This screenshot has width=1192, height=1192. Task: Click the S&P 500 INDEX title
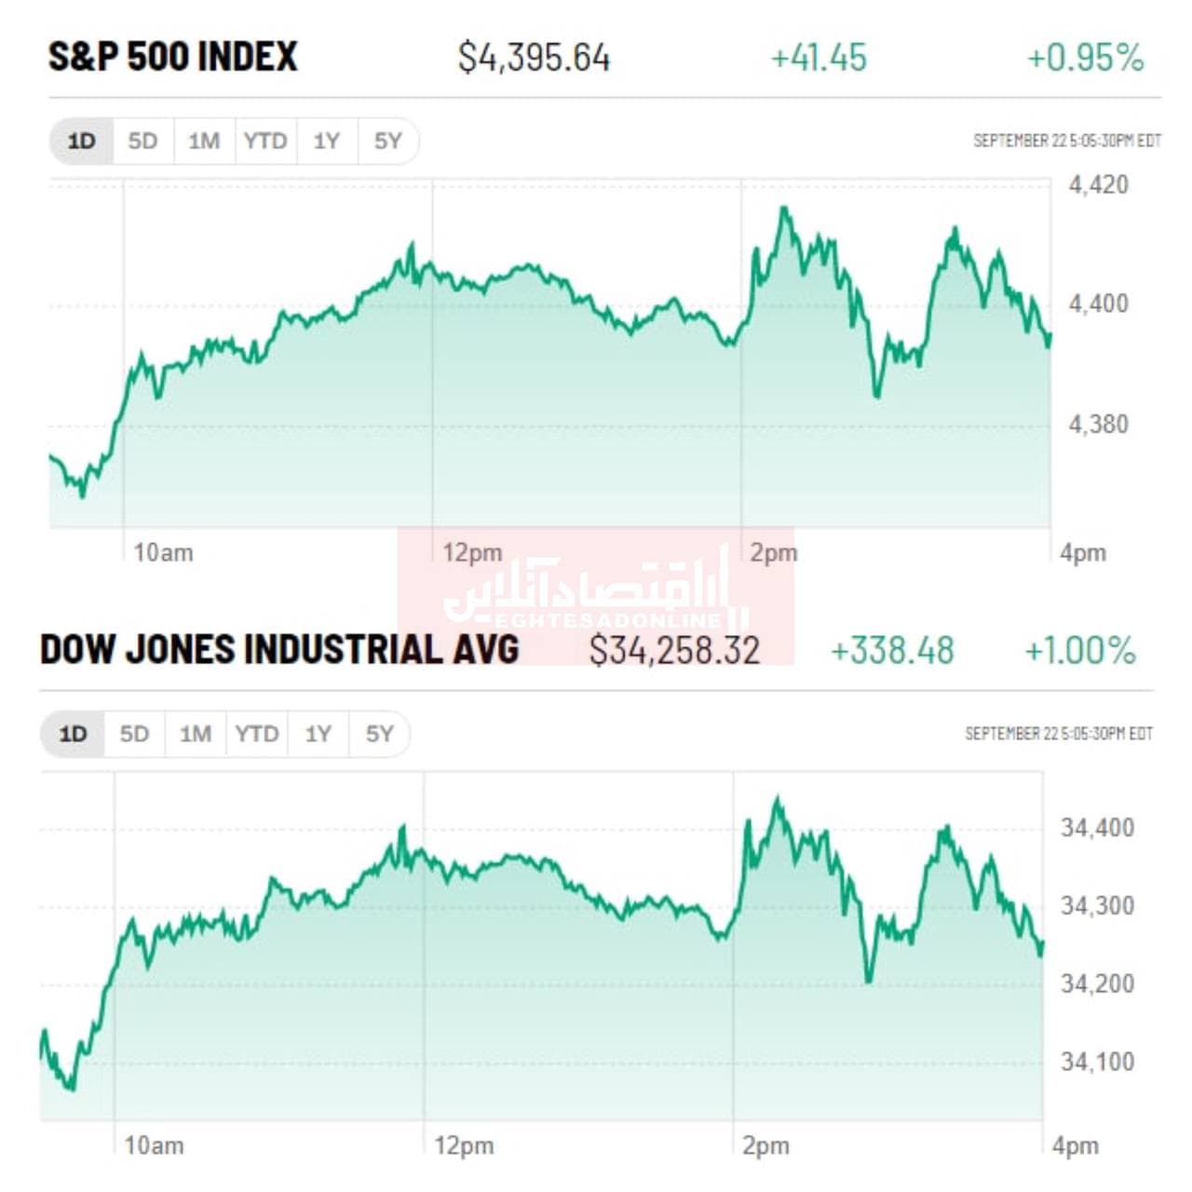point(173,57)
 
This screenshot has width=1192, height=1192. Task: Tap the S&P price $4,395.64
point(534,58)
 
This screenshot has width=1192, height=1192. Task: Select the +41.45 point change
point(819,58)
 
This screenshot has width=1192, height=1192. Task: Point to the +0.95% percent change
point(1085,58)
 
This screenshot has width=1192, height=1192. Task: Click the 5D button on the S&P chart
point(142,142)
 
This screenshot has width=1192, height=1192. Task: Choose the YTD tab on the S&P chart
point(265,142)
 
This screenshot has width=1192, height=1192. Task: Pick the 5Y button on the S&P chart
point(387,142)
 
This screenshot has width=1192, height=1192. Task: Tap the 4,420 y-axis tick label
point(1098,184)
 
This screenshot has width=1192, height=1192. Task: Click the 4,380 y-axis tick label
point(1098,425)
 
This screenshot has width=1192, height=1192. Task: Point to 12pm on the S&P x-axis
point(472,553)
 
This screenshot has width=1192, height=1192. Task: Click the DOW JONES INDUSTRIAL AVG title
point(279,650)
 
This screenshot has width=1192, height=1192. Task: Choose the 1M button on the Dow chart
point(196,735)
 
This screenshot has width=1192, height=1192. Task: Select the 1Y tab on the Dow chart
point(318,735)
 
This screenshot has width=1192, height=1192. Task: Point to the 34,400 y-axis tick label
point(1097,828)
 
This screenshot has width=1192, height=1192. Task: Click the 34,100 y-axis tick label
point(1097,1062)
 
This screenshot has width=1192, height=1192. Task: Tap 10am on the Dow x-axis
point(155,1145)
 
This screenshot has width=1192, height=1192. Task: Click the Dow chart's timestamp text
point(1059,734)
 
